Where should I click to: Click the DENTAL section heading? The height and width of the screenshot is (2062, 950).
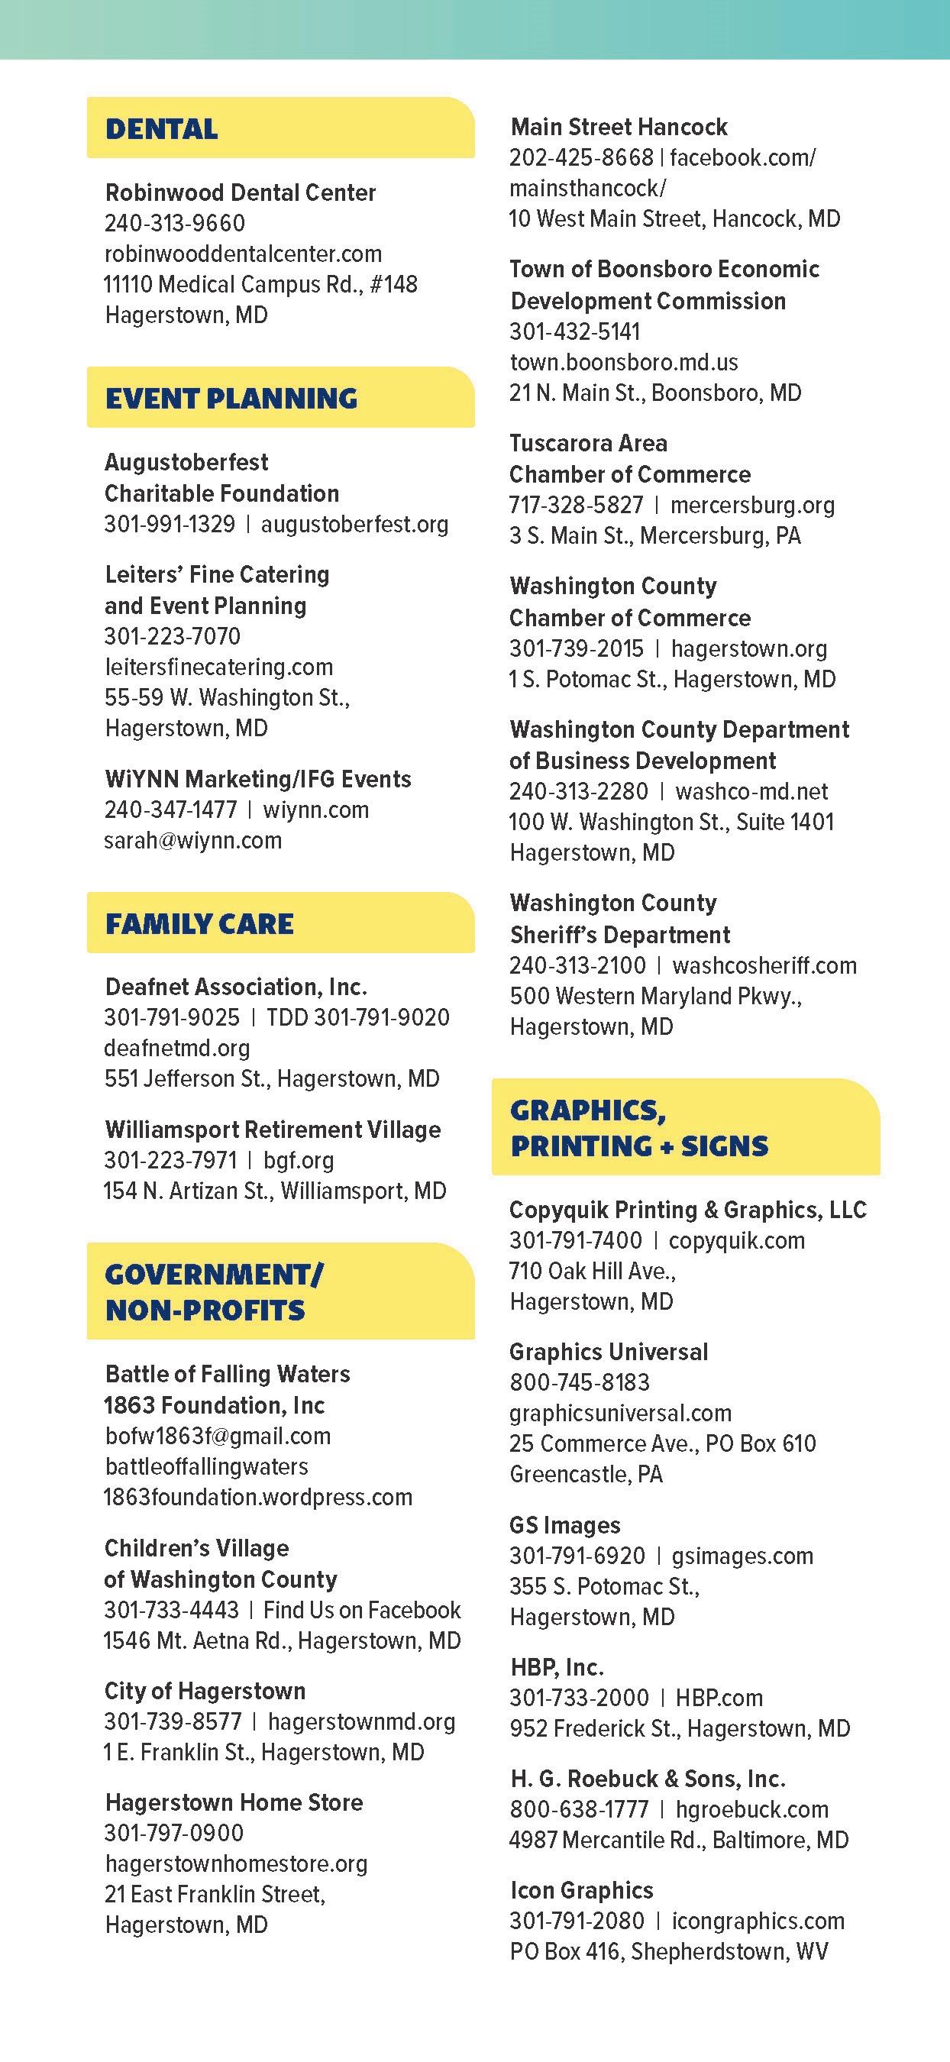pos(162,129)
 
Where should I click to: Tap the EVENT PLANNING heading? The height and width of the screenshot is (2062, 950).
pos(231,398)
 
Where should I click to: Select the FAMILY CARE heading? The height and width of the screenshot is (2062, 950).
pos(199,924)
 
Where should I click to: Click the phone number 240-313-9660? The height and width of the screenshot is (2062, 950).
pos(174,223)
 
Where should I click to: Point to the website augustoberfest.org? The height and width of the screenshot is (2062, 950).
pos(354,525)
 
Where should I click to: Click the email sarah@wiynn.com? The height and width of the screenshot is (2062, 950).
pos(193,841)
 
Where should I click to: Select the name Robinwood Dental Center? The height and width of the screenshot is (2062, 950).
pos(240,192)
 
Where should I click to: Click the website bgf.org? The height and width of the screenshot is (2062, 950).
pos(299,1160)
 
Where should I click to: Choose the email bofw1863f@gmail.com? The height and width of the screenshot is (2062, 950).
pos(218,1435)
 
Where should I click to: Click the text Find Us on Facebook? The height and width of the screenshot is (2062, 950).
pos(362,1610)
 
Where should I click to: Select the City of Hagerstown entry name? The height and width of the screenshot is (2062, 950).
pos(205,1691)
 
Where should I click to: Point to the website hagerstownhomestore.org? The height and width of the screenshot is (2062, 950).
pos(236,1863)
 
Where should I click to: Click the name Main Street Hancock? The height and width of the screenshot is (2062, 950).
pos(619,127)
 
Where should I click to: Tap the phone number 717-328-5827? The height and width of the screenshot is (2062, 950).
pos(577,505)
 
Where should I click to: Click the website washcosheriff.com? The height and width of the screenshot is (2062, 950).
pos(764,965)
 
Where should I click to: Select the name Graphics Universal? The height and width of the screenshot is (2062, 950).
pos(608,1351)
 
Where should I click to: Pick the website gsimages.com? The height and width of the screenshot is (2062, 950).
pos(742,1556)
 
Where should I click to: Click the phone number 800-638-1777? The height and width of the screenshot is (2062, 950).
pos(579,1809)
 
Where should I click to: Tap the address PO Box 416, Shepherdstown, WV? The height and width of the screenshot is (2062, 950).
pos(668,1951)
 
